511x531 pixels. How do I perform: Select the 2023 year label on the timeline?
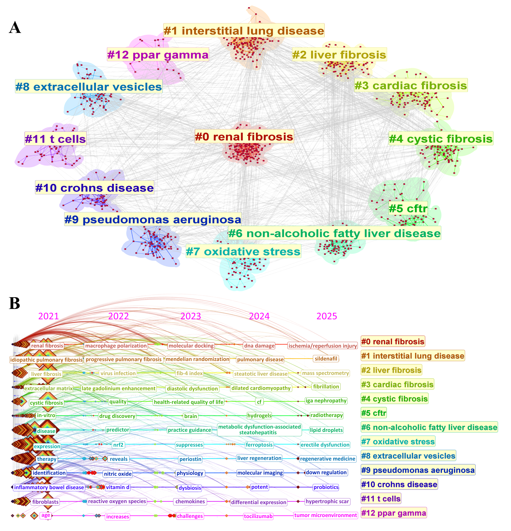191,316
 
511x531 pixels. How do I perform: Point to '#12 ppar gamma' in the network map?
158,54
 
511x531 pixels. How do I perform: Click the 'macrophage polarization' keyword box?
116,346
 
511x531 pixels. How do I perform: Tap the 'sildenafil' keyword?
326,359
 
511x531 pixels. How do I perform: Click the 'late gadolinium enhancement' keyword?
119,388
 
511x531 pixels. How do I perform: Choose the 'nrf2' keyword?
118,445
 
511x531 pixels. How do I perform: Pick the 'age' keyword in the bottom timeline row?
46,515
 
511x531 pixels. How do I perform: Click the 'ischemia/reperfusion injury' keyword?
323,346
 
